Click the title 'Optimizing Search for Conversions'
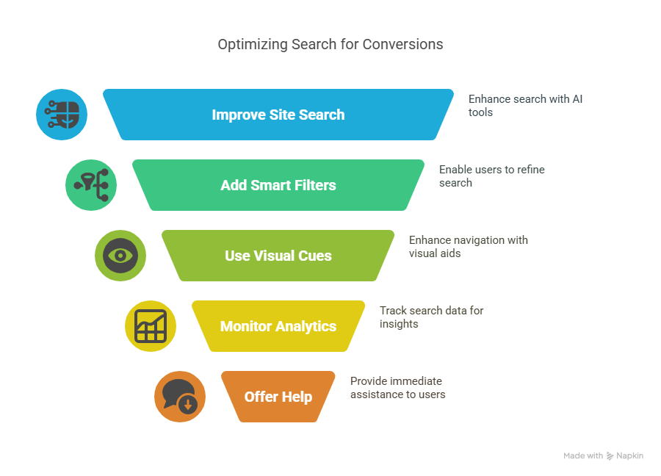(330, 44)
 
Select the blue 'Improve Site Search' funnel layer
(278, 115)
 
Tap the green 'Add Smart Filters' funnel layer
(278, 185)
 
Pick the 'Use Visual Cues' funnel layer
(278, 256)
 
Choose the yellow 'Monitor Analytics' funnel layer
(278, 326)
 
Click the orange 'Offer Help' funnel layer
(278, 397)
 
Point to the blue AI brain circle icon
(62, 115)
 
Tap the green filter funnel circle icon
(91, 185)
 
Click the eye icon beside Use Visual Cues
(120, 256)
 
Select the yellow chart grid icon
(150, 326)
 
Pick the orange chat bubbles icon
(179, 397)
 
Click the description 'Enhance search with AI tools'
(525, 105)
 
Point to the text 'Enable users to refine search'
(491, 176)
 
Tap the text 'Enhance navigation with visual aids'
(468, 246)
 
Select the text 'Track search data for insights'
(431, 317)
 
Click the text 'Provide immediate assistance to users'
(397, 387)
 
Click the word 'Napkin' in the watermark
(630, 456)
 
